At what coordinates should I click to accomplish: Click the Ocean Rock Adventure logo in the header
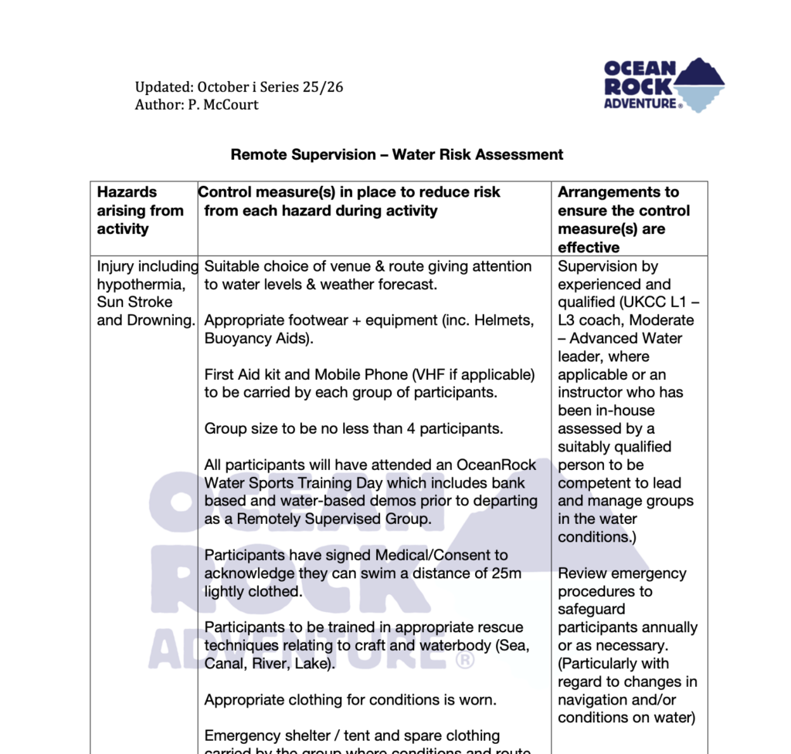click(664, 84)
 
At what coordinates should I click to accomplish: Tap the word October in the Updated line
click(225, 87)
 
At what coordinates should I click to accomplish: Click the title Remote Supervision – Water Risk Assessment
click(396, 154)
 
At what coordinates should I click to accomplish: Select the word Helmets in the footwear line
click(507, 320)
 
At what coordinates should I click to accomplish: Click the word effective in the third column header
click(589, 248)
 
